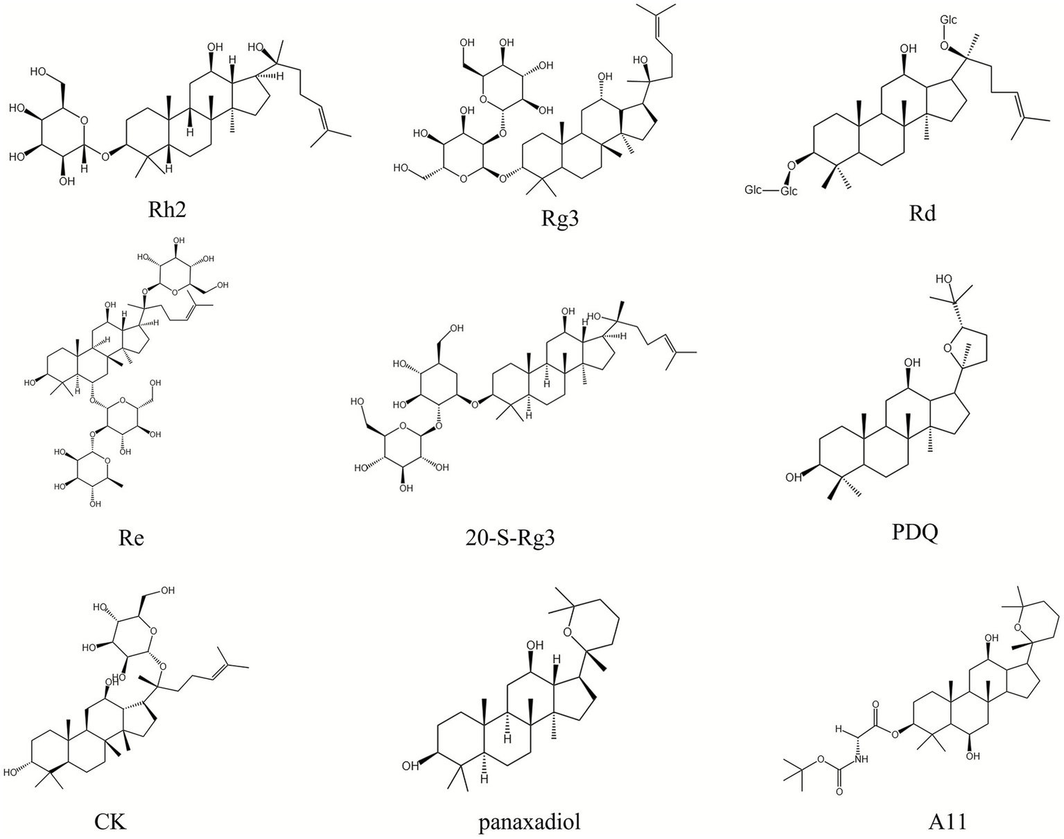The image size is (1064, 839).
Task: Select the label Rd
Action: [923, 213]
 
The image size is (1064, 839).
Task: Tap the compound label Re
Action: [130, 537]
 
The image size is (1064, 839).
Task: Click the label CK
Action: [110, 822]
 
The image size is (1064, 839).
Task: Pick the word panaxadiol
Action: [529, 822]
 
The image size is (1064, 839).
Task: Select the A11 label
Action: [947, 822]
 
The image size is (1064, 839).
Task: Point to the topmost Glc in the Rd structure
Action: [948, 20]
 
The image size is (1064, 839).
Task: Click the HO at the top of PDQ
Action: [944, 279]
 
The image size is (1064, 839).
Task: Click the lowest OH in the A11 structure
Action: [973, 756]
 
